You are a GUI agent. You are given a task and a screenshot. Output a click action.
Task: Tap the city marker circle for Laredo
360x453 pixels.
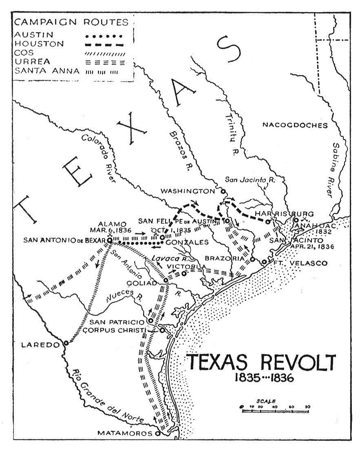(x=66, y=343)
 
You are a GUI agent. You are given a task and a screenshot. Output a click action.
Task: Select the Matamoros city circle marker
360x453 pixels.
(x=158, y=433)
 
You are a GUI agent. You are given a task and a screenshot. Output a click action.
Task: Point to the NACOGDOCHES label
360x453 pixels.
(x=295, y=125)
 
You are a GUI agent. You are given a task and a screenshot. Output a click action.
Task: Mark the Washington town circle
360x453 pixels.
(x=223, y=191)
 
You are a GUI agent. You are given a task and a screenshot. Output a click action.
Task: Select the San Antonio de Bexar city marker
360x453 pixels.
(x=109, y=241)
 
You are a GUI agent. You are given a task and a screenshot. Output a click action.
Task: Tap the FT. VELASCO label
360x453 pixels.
(x=300, y=263)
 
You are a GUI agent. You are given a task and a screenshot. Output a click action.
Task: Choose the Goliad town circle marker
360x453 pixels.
(x=166, y=281)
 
